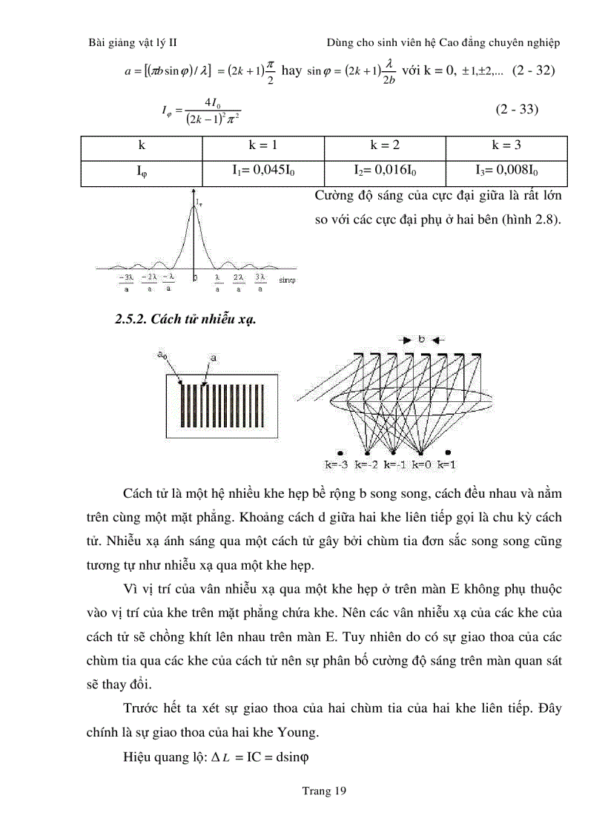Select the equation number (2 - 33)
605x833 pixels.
517,110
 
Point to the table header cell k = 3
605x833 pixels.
506,144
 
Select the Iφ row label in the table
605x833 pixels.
141,171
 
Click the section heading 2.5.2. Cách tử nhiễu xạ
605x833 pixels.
185,320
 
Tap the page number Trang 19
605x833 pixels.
324,791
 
